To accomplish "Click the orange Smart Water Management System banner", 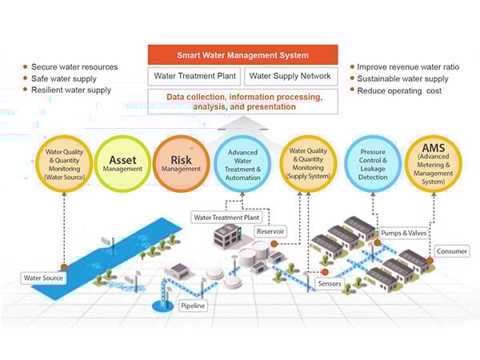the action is [x=242, y=54].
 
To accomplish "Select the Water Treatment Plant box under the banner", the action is [x=194, y=76].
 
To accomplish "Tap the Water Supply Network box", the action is [x=291, y=76].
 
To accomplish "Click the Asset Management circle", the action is [x=122, y=163].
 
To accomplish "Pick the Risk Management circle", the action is [x=182, y=163].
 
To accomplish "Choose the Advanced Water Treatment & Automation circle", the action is [x=242, y=164].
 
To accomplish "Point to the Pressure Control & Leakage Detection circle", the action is [x=373, y=164].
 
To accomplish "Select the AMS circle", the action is [x=433, y=164].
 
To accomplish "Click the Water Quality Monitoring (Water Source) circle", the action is [x=64, y=164].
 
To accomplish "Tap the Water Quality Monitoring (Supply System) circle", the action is [x=308, y=164].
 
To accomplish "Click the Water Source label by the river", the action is [x=43, y=278].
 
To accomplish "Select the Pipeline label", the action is [x=193, y=306].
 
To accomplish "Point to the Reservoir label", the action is [x=270, y=231].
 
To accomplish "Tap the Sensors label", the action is [x=330, y=283].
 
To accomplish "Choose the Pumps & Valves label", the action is [x=403, y=233].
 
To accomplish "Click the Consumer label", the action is [x=452, y=251].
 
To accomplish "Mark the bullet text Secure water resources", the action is [x=74, y=67].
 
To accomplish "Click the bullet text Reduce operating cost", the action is [x=399, y=91].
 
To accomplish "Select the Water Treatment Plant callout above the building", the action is [x=226, y=218].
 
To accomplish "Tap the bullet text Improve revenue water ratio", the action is [x=408, y=67].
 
